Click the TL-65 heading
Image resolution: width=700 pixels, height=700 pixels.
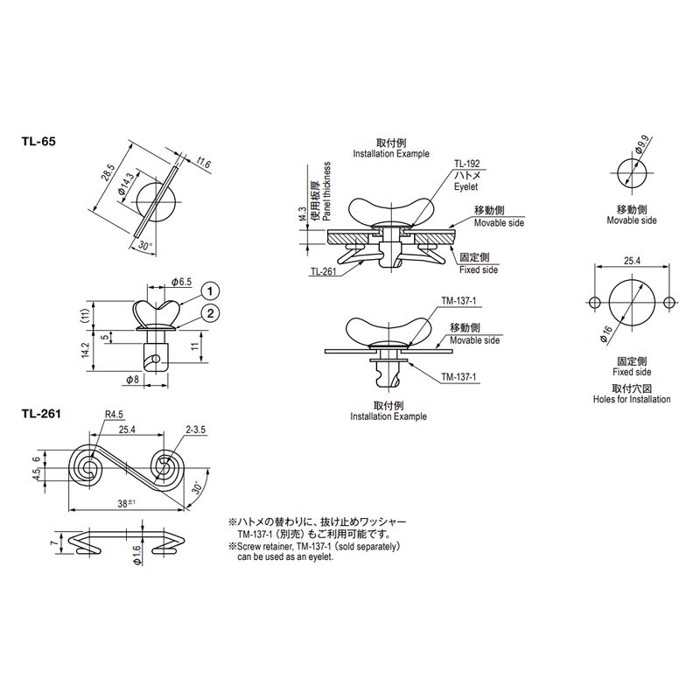(x=38, y=142)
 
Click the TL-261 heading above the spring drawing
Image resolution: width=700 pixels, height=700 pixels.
(x=41, y=414)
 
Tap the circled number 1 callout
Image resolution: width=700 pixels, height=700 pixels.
(x=210, y=291)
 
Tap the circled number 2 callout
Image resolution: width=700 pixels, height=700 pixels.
(x=210, y=313)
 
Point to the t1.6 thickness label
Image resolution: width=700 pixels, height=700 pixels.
(x=203, y=163)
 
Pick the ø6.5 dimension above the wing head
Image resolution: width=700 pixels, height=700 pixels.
(x=181, y=282)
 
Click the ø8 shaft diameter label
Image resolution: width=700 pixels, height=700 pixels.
(x=133, y=380)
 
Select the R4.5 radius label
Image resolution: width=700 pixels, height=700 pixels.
(x=114, y=414)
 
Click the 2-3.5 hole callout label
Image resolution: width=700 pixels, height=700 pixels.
(x=195, y=430)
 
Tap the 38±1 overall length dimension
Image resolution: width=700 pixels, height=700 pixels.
(x=126, y=504)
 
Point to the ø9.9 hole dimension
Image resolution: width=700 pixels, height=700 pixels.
(x=644, y=144)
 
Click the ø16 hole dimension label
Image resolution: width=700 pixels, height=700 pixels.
(x=606, y=335)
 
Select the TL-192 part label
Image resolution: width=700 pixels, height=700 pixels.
(x=467, y=164)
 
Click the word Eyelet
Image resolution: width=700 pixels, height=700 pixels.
(x=465, y=186)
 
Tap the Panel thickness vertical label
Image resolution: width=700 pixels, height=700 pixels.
(x=327, y=191)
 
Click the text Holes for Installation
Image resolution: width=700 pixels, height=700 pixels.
(x=632, y=399)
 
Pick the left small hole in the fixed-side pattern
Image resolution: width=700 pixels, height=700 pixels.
(x=595, y=303)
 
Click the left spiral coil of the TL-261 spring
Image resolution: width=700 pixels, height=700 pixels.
(x=87, y=469)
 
